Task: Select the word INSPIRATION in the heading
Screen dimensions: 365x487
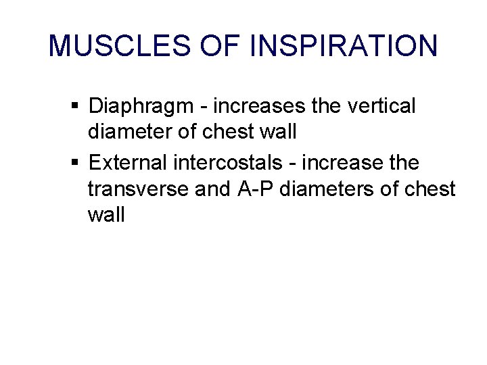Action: coord(344,46)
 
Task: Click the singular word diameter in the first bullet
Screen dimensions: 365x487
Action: coord(130,132)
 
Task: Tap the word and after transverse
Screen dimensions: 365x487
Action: coord(212,189)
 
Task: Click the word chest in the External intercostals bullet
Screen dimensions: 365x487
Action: coord(430,189)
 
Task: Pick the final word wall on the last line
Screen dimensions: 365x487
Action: coord(106,215)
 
